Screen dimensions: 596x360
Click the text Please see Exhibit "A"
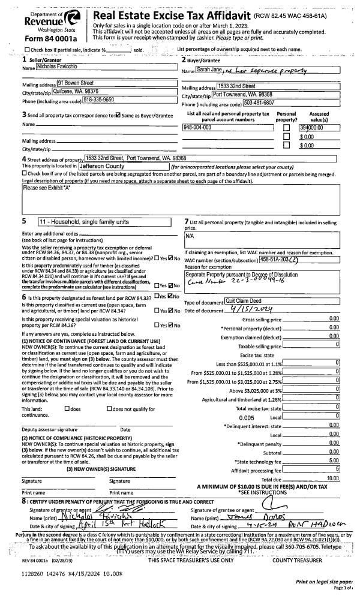click(x=47, y=188)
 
